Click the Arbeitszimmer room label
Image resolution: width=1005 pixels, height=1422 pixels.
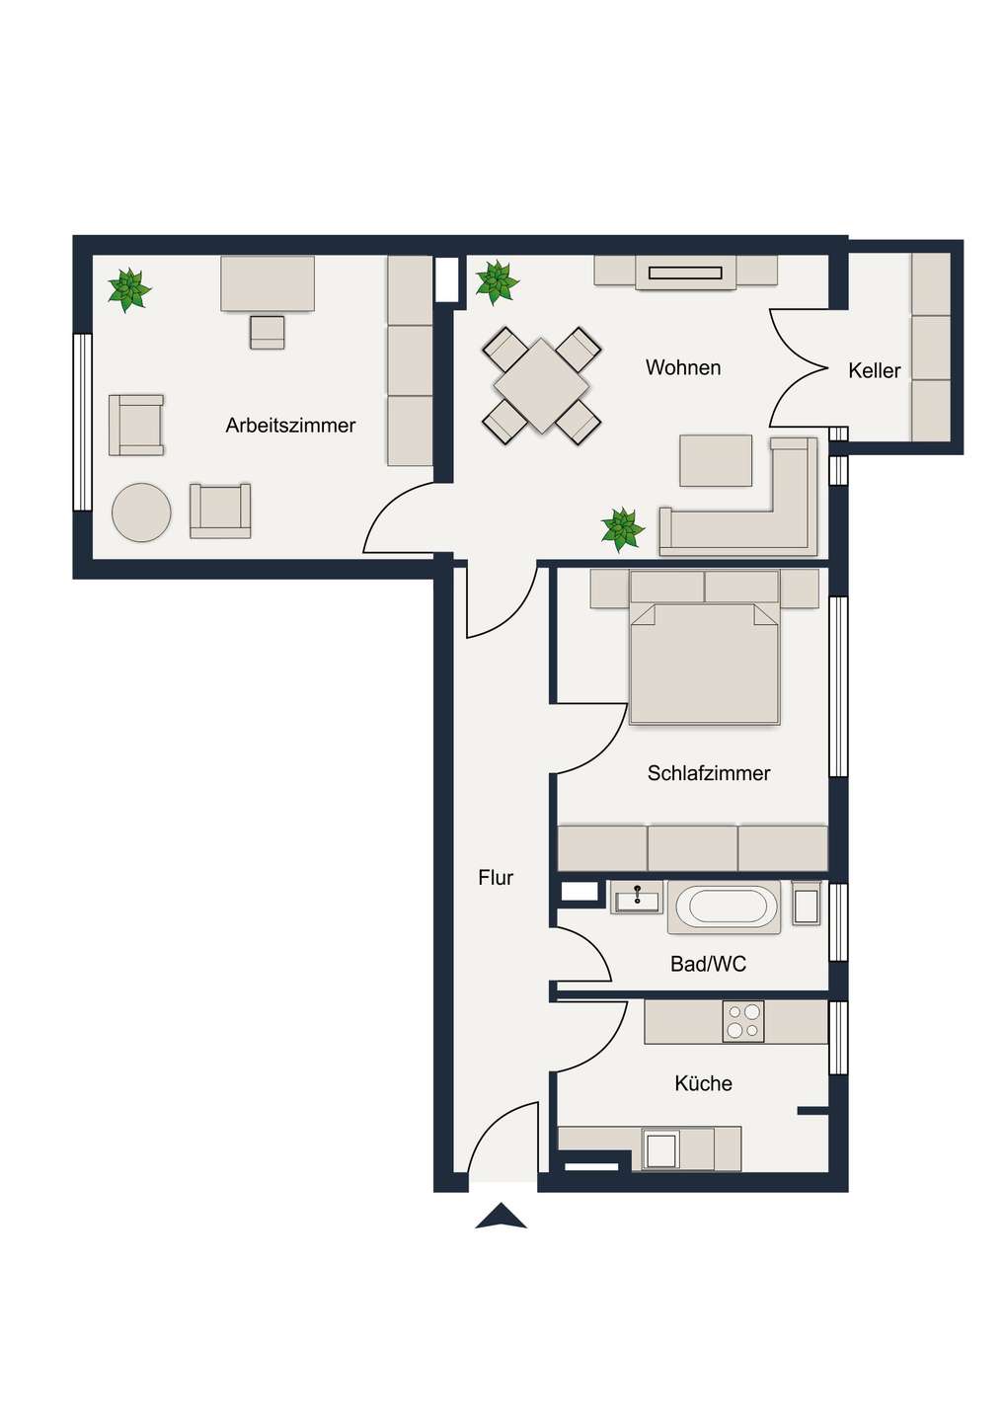tap(290, 426)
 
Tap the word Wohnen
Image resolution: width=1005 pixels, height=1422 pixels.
tap(682, 368)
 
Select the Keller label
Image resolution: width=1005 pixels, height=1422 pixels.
tap(874, 371)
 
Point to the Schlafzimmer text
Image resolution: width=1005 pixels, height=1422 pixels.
tap(708, 773)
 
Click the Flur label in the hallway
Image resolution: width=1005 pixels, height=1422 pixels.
tap(496, 878)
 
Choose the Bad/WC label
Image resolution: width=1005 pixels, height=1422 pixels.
tap(708, 964)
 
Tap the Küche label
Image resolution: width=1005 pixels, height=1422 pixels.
tap(703, 1083)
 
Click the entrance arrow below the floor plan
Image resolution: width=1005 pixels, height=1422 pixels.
tap(502, 1217)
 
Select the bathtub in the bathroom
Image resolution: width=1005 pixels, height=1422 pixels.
tap(725, 907)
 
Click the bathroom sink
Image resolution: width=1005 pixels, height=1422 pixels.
tap(636, 898)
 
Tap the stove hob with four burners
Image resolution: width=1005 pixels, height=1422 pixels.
tap(743, 1022)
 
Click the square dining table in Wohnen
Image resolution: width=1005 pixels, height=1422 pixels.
tap(541, 385)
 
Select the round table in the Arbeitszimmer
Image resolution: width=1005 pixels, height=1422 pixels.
tap(141, 513)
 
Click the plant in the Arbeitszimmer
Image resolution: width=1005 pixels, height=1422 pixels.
tap(128, 289)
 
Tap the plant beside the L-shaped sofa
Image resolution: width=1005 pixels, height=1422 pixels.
tap(622, 529)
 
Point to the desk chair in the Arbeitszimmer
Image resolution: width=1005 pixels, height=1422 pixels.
tap(267, 332)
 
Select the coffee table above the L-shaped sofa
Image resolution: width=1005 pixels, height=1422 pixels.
tap(716, 460)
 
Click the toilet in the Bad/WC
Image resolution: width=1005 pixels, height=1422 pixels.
tap(806, 904)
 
